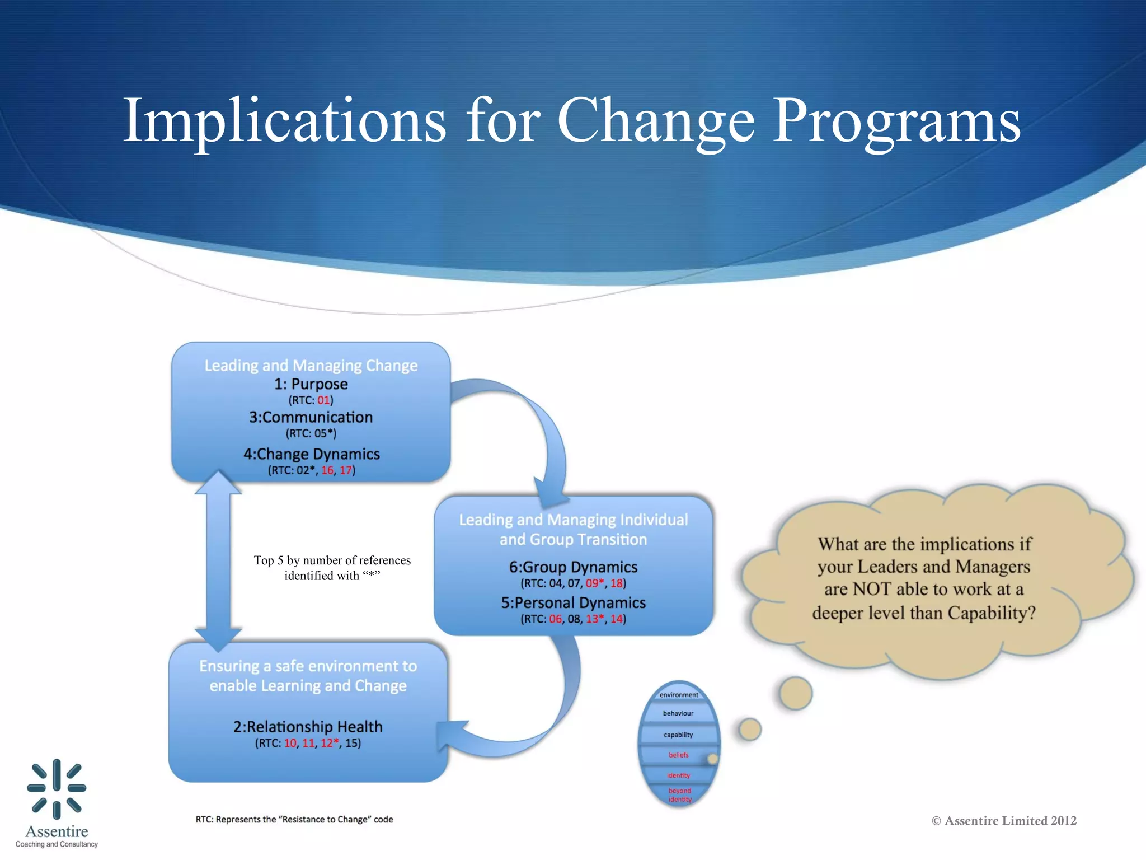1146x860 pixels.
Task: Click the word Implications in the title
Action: pos(284,120)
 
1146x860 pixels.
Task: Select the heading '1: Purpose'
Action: pos(311,384)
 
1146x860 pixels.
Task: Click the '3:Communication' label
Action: pos(311,417)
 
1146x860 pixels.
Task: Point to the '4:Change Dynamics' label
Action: pos(311,454)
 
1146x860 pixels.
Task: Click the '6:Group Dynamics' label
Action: pos(573,567)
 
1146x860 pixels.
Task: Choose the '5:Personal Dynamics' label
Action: pos(573,603)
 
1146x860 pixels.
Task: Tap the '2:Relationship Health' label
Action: pos(308,727)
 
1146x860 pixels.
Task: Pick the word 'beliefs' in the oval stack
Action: pos(678,755)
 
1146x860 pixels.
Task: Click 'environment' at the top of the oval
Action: pos(679,695)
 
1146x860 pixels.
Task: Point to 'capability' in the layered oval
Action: pos(678,735)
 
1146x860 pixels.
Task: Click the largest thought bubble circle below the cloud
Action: pos(795,693)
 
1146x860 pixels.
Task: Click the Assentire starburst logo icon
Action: pos(57,788)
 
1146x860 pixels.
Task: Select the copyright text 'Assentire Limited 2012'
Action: pos(1010,821)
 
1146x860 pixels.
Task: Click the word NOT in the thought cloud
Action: pos(872,590)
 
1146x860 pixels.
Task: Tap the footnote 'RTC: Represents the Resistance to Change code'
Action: pos(294,820)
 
